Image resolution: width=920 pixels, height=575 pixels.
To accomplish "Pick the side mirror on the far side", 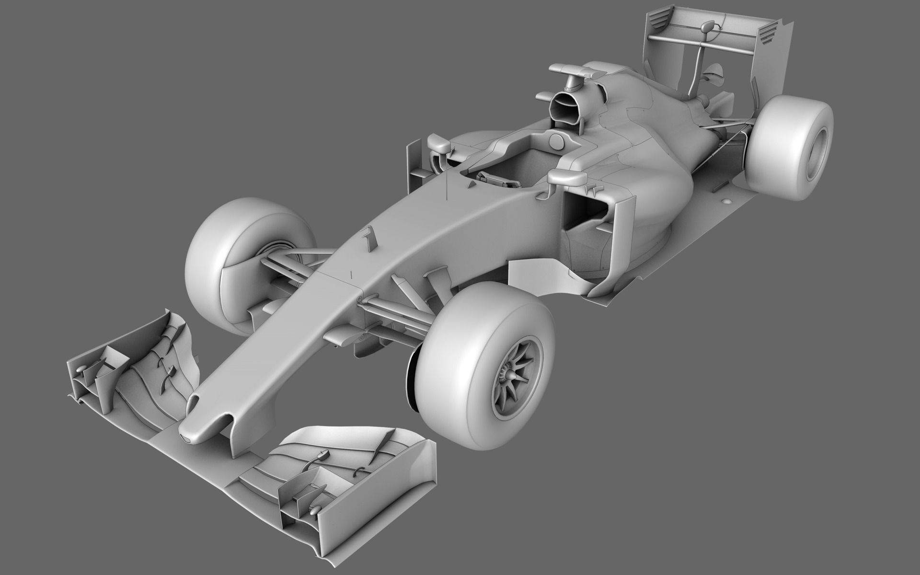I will tap(438, 142).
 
